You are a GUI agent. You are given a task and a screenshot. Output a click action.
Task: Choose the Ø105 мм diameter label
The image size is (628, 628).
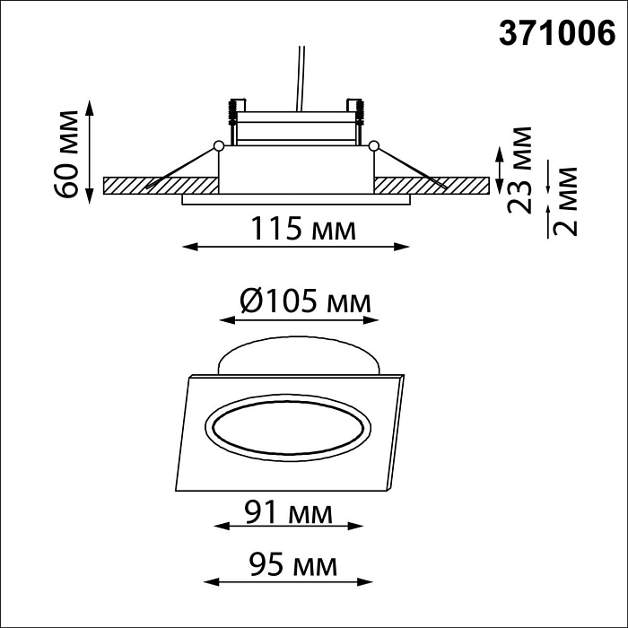tap(305, 302)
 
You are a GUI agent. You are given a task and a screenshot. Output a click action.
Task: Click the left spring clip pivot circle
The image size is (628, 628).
tap(218, 145)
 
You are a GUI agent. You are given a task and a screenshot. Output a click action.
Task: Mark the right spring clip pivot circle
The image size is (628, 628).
tap(374, 145)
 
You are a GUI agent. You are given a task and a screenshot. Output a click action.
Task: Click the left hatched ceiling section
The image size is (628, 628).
tap(161, 185)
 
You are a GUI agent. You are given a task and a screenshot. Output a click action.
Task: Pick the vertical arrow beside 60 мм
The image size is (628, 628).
tap(90, 153)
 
